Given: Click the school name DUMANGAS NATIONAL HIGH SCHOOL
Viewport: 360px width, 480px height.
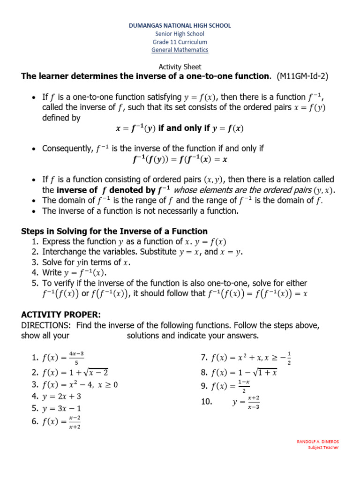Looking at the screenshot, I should pyautogui.click(x=180, y=26).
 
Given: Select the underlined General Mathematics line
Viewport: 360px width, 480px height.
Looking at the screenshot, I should pyautogui.click(x=180, y=50).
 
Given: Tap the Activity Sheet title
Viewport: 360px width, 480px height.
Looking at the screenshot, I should pyautogui.click(x=180, y=67).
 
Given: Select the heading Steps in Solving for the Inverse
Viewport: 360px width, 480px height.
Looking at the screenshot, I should pyautogui.click(x=114, y=231).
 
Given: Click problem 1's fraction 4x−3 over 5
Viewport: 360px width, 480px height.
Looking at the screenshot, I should pyautogui.click(x=76, y=358).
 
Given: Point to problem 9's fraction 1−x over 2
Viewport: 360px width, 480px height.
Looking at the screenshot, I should pyautogui.click(x=243, y=386).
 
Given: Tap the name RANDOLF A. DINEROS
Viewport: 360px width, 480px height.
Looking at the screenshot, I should pyautogui.click(x=318, y=442).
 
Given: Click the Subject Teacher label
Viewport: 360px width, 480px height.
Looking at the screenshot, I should pyautogui.click(x=323, y=448).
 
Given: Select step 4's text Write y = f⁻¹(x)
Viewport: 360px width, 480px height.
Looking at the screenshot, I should pyautogui.click(x=75, y=273).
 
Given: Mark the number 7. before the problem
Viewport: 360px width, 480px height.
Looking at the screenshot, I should pyautogui.click(x=204, y=358).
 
